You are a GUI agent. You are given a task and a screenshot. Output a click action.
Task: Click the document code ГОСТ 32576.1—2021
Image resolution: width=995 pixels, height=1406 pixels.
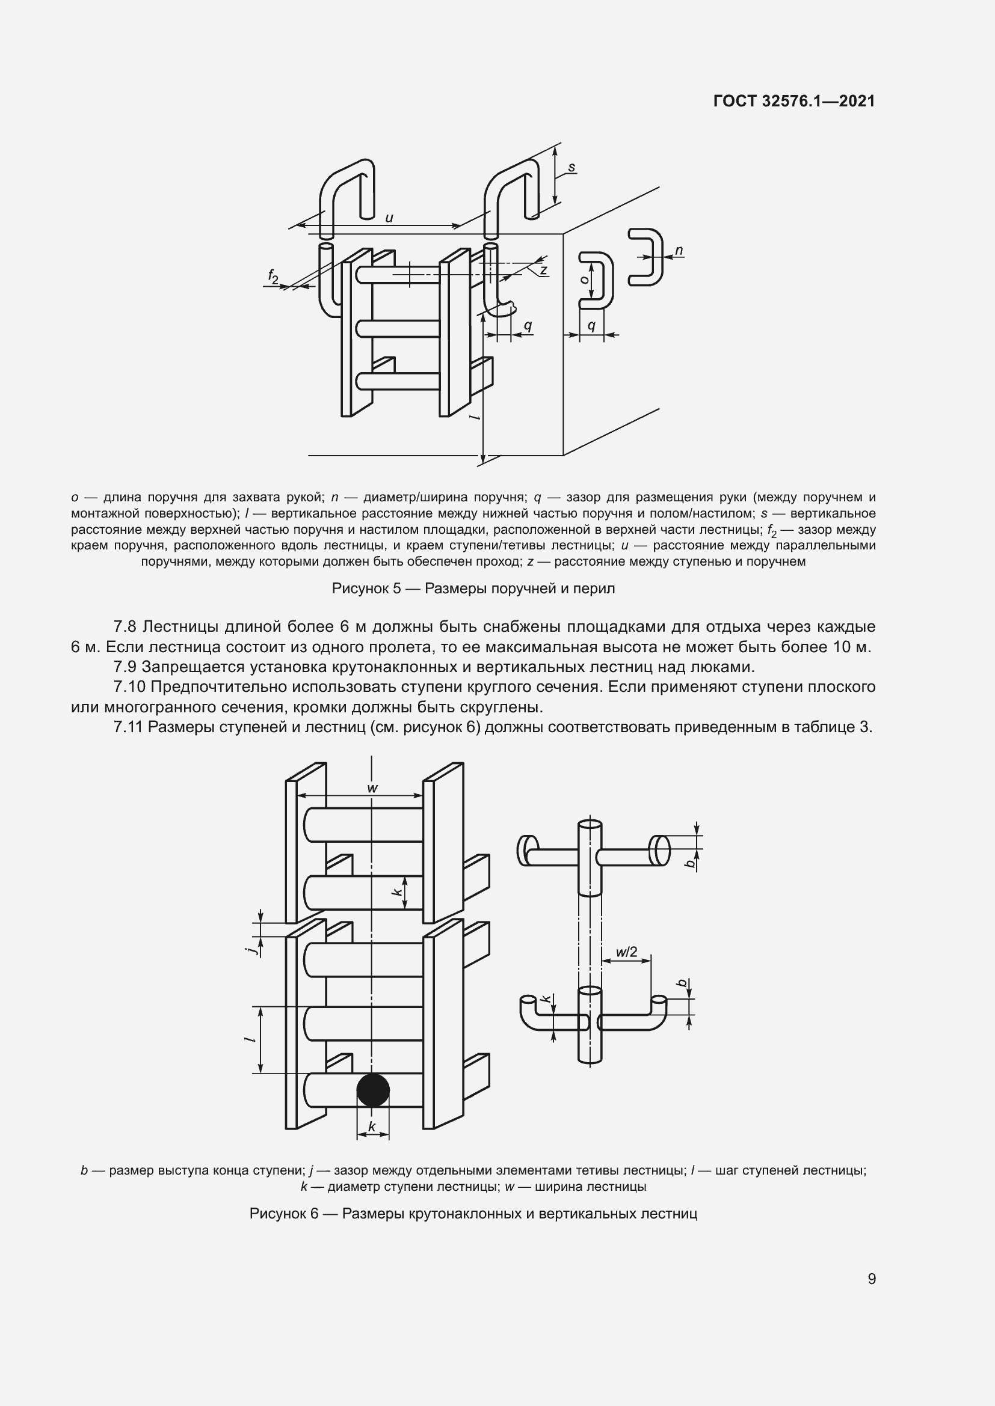794,102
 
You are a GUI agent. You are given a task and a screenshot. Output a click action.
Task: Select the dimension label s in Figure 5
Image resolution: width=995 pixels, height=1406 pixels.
571,167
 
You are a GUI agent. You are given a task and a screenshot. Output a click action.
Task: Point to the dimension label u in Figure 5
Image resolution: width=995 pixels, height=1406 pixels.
389,218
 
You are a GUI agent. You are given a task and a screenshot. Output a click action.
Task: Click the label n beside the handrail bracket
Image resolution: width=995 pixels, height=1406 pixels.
679,251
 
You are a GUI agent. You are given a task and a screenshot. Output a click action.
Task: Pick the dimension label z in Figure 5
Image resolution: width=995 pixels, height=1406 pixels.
543,269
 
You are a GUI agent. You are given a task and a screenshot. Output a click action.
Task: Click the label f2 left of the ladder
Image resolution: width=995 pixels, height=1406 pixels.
273,277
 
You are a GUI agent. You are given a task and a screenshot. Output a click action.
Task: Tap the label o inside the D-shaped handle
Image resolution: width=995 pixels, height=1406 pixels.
585,279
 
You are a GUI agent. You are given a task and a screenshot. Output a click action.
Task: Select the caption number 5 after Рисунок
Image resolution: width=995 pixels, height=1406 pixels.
396,588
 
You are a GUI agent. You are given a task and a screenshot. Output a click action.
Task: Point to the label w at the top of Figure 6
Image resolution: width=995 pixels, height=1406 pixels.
372,788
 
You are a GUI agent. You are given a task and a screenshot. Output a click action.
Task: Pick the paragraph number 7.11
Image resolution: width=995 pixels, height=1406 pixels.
129,727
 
